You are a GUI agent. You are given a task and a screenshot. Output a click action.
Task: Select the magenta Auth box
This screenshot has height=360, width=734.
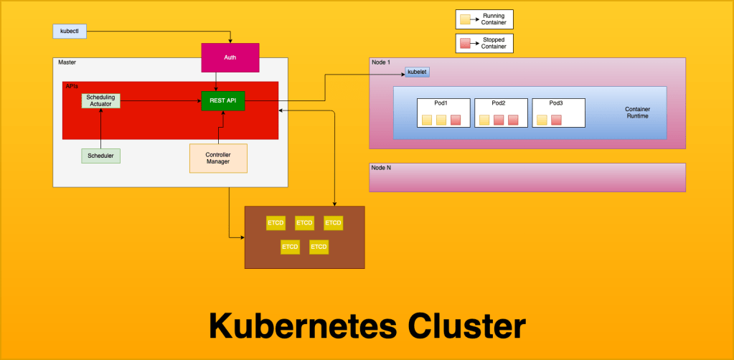[230, 57]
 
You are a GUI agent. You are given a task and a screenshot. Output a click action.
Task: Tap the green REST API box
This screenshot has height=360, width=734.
[223, 100]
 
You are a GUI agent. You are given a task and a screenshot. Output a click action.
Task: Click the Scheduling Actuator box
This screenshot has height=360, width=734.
[100, 100]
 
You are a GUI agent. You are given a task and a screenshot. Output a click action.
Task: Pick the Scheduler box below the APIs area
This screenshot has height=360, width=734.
[100, 155]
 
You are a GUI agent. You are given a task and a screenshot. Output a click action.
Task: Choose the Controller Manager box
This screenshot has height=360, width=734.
[218, 158]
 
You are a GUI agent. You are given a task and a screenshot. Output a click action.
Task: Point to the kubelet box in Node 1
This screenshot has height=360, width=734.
[417, 72]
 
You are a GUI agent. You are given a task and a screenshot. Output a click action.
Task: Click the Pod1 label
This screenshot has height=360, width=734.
[441, 103]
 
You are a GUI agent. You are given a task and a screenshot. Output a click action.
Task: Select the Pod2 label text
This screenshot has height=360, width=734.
[499, 103]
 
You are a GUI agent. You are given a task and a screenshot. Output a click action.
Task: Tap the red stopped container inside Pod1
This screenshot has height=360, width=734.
[456, 120]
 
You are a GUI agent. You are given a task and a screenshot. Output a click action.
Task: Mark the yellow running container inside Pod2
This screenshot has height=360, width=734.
[484, 120]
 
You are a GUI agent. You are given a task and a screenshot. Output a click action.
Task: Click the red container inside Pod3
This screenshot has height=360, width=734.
[556, 120]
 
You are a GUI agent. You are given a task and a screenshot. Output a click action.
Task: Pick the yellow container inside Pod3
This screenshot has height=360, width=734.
[542, 120]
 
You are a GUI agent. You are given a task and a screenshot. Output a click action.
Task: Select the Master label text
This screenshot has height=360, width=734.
[66, 62]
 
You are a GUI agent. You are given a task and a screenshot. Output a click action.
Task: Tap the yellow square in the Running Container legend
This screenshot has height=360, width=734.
[464, 19]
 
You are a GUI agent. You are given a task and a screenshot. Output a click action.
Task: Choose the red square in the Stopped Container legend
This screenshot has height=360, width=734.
[464, 43]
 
